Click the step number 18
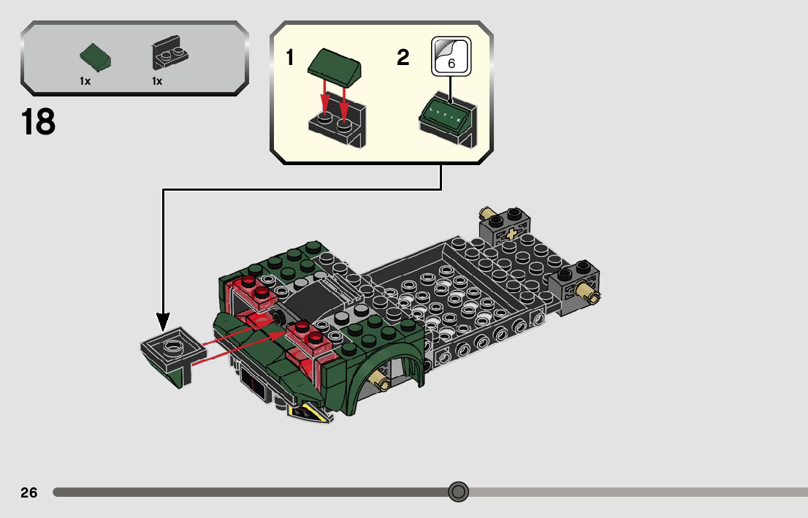click(39, 122)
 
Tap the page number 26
click(29, 492)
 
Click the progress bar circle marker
click(458, 492)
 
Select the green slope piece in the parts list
click(96, 57)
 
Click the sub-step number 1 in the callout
click(290, 58)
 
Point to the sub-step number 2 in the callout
click(403, 58)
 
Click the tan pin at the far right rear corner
click(588, 293)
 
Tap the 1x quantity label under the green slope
click(85, 81)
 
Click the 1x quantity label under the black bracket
click(157, 81)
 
